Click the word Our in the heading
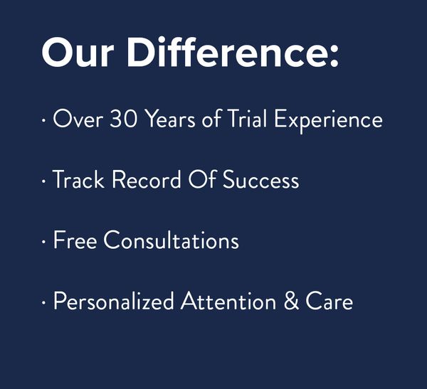(x=78, y=52)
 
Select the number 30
(x=123, y=119)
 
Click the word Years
(x=170, y=119)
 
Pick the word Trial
(x=247, y=118)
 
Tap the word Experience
(x=328, y=121)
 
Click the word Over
(x=78, y=119)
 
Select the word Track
(x=78, y=178)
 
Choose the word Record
(x=146, y=178)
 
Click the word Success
(x=261, y=179)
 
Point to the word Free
(x=75, y=240)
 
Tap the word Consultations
(x=172, y=239)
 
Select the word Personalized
(x=114, y=301)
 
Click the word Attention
(x=228, y=301)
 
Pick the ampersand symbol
(x=291, y=300)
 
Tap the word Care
(x=329, y=300)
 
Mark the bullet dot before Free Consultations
(x=43, y=242)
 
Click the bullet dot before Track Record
(x=43, y=181)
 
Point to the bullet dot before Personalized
(x=43, y=302)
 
